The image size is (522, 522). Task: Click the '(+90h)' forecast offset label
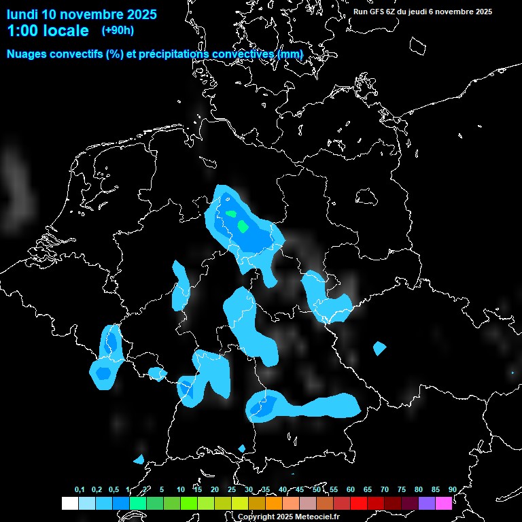118,30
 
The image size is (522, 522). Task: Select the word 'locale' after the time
67,31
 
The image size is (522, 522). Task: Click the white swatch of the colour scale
69,504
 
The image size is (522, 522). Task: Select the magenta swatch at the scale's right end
444,504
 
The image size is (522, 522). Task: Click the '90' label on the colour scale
452,489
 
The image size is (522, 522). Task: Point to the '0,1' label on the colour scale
80,489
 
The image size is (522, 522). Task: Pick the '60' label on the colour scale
350,489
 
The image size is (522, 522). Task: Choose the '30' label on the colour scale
248,489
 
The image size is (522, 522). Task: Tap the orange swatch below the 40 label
274,504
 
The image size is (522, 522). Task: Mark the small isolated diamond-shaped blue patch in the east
379,349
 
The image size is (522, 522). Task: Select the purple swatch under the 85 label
427,504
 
